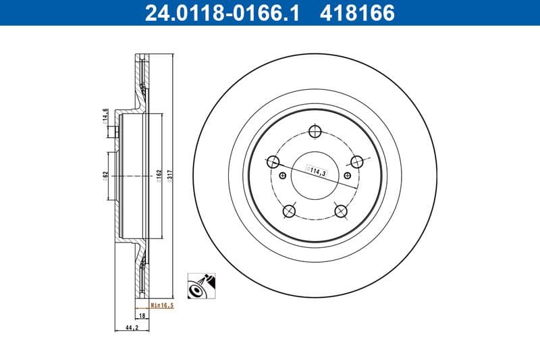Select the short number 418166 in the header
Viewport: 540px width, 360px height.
pyautogui.click(x=352, y=13)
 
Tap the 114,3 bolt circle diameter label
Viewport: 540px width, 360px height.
pyautogui.click(x=317, y=172)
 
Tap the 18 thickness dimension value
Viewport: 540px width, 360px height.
pyautogui.click(x=142, y=315)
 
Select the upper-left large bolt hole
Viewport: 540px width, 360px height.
pyautogui.click(x=273, y=161)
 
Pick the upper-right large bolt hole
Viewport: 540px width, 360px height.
pyautogui.click(x=357, y=161)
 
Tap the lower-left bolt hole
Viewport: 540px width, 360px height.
pyautogui.click(x=290, y=211)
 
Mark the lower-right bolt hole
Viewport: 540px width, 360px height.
pyautogui.click(x=342, y=211)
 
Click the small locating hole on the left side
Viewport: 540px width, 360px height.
pyautogui.click(x=282, y=176)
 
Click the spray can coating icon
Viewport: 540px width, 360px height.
pyautogui.click(x=201, y=286)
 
